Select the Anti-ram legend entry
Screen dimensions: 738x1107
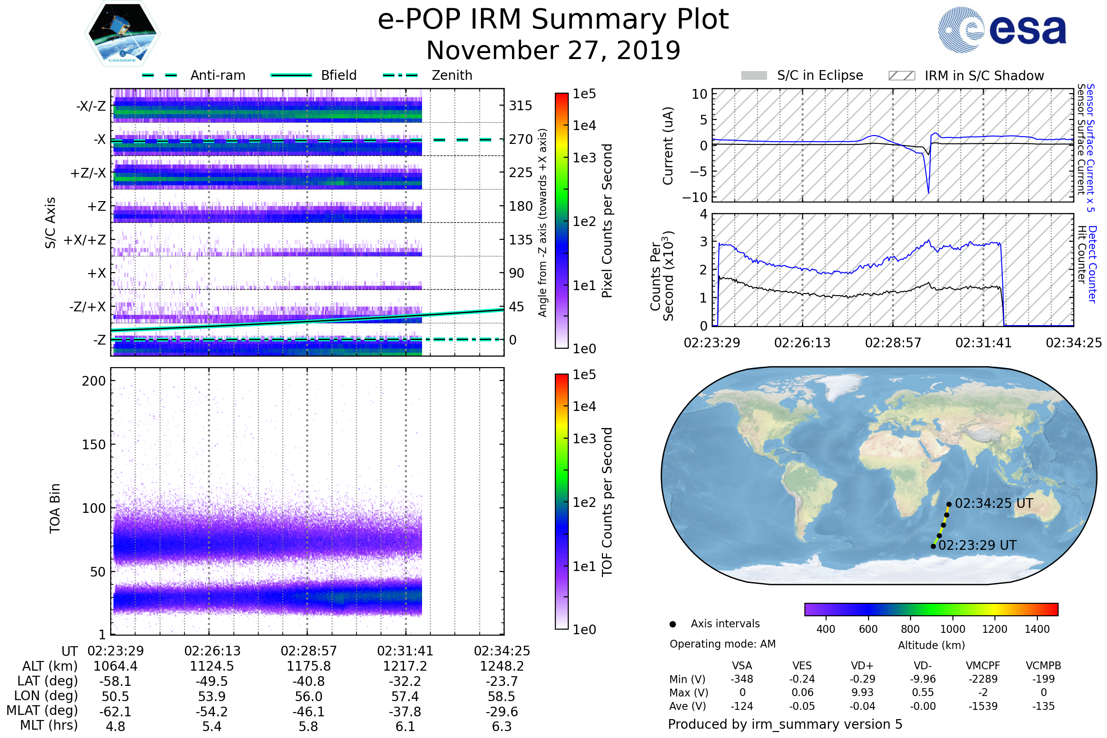click(217, 75)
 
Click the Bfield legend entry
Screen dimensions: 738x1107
click(339, 75)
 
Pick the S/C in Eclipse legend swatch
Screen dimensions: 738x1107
click(754, 76)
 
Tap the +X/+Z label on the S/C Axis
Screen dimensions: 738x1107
click(85, 240)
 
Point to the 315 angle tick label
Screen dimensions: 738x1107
click(521, 106)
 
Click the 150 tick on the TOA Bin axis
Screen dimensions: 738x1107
click(94, 445)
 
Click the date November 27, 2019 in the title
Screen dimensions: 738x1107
click(553, 51)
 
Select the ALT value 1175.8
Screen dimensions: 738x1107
click(309, 667)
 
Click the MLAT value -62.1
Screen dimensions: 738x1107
click(115, 712)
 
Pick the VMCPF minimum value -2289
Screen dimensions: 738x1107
click(983, 679)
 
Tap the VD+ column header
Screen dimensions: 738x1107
click(862, 666)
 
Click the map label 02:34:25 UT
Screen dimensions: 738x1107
click(994, 504)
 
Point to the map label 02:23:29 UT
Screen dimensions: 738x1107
click(977, 546)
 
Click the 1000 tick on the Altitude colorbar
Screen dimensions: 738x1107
click(952, 629)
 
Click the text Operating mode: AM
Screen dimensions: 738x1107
click(722, 644)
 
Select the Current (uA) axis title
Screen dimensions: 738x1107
click(668, 146)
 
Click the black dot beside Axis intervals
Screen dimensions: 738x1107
click(673, 624)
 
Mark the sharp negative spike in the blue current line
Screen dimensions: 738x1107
click(928, 192)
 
